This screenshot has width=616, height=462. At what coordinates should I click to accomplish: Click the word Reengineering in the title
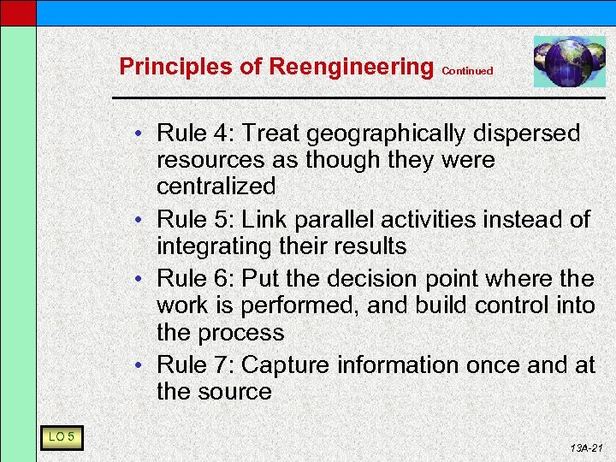[x=351, y=66]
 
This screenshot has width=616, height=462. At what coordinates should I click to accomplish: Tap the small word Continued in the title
[x=467, y=71]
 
